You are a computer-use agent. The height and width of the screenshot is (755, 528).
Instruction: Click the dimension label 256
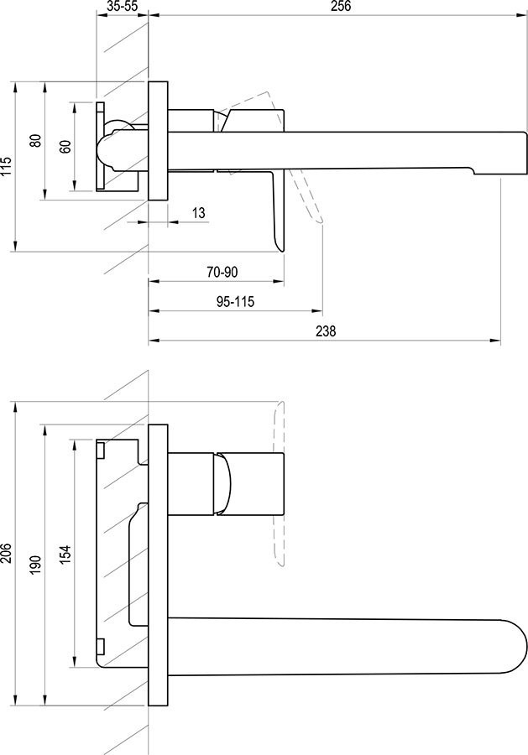[x=341, y=6]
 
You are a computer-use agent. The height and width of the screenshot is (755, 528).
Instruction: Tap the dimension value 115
[x=8, y=166]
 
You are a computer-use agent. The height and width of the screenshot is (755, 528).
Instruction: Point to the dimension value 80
[x=35, y=140]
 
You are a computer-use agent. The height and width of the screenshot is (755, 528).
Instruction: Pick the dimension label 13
[x=198, y=213]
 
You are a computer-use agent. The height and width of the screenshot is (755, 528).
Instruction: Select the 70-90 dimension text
[x=222, y=272]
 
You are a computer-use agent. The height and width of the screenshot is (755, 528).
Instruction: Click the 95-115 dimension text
[x=235, y=302]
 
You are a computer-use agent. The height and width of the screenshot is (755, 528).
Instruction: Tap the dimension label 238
[x=326, y=331]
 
